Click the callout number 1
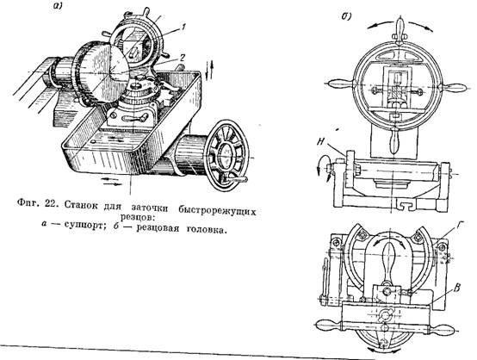(x=183, y=28)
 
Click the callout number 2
(x=182, y=57)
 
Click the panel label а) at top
(x=56, y=7)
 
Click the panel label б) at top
(x=346, y=16)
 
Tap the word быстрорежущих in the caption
(x=217, y=209)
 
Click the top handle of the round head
(x=400, y=30)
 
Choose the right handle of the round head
(x=452, y=88)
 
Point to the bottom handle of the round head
(x=394, y=141)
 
